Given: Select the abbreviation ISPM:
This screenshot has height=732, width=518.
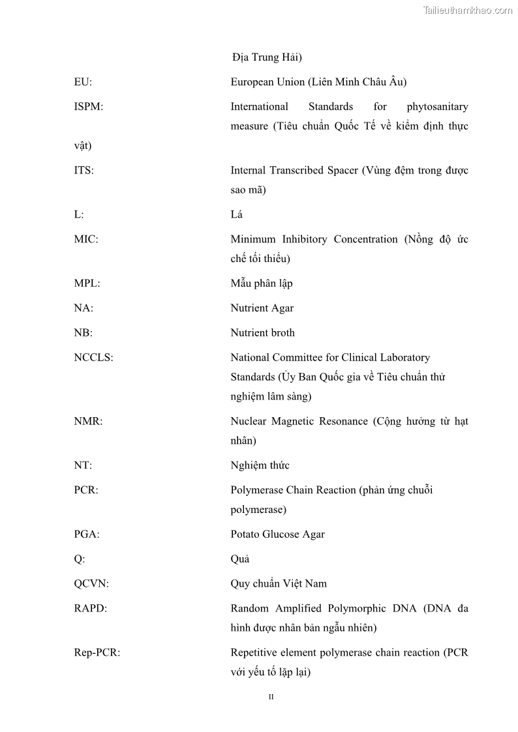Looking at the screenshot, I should (88, 107).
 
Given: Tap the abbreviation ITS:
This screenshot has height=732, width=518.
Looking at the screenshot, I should (84, 171).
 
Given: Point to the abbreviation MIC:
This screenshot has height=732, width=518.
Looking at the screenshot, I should (86, 240).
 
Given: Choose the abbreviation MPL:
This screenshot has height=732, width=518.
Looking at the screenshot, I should (87, 284).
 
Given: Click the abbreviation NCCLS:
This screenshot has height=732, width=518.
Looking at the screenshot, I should (93, 358).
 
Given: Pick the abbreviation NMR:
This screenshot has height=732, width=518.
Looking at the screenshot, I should (88, 422).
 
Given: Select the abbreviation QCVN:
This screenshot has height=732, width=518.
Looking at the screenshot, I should (91, 584).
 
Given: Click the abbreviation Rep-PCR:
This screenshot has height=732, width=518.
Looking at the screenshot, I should (97, 653).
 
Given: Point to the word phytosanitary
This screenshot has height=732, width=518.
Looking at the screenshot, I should (437, 107).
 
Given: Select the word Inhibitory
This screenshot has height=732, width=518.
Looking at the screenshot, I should (304, 240).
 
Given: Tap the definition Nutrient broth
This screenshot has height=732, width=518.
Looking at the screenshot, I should (262, 333).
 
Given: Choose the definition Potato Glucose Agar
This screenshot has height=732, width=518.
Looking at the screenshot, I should (277, 534).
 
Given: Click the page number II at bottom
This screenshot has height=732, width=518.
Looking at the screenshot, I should (271, 697).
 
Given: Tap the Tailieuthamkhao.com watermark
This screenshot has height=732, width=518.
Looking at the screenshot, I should (467, 10).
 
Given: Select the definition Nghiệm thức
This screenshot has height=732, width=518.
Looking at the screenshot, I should (260, 465).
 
